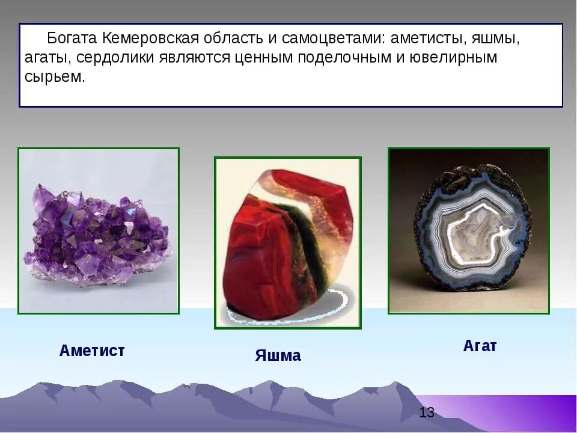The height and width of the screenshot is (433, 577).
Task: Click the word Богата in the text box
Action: [72, 38]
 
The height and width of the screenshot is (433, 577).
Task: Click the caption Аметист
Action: [92, 351]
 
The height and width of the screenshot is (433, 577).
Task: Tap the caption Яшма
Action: [278, 355]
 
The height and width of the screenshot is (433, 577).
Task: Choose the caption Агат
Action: [480, 346]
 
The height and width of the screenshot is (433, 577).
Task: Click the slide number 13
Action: [427, 413]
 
